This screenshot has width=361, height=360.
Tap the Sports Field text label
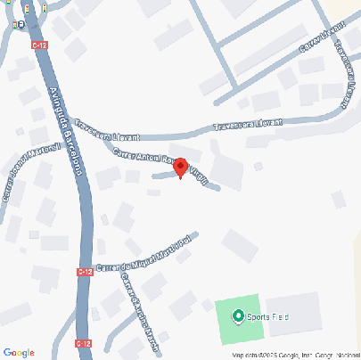pos(269,316)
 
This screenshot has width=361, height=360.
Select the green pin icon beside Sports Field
pos(238,315)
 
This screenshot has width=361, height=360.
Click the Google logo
pos(19,352)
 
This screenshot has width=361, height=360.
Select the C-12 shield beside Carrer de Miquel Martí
pos(84,272)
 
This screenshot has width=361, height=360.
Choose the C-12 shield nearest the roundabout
pos(38,42)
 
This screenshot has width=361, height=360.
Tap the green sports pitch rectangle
pos(239,323)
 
